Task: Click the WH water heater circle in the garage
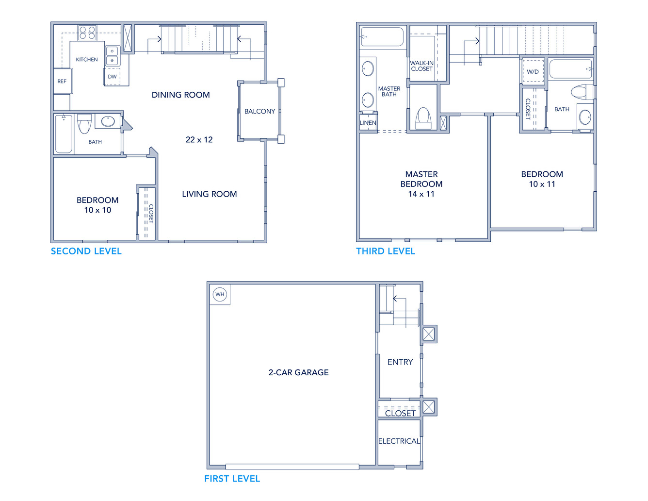[x=220, y=294]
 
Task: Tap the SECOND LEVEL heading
[x=86, y=251]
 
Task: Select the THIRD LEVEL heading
[x=386, y=251]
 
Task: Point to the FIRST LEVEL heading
[x=232, y=479]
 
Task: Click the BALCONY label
[x=260, y=111]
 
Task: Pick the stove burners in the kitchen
[x=87, y=33]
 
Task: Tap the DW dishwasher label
[x=112, y=77]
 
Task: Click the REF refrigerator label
[x=62, y=81]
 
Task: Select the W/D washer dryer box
[x=533, y=72]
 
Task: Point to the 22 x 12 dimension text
[x=199, y=140]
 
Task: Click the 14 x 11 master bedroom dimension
[x=421, y=194]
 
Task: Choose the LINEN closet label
[x=368, y=123]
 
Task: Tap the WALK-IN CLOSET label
[x=421, y=66]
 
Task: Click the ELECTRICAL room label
[x=399, y=441]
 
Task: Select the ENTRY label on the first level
[x=400, y=362]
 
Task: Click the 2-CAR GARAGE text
[x=298, y=372]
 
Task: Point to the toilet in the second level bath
[x=84, y=123]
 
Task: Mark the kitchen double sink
[x=113, y=56]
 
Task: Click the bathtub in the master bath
[x=382, y=37]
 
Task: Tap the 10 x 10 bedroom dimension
[x=97, y=210]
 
